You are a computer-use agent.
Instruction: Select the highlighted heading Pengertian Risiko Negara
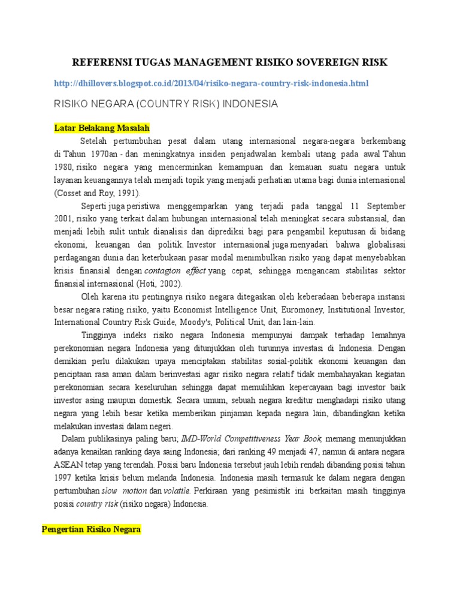point(91,530)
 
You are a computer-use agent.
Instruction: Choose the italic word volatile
point(177,491)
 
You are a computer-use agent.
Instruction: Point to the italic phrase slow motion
point(124,491)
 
